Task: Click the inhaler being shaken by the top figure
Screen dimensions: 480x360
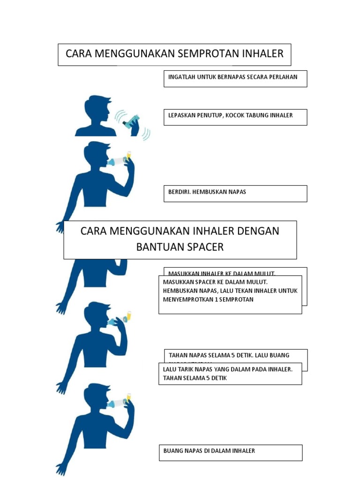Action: point(131,121)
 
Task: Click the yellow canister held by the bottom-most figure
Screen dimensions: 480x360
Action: point(128,397)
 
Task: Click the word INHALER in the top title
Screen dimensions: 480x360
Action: point(263,54)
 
